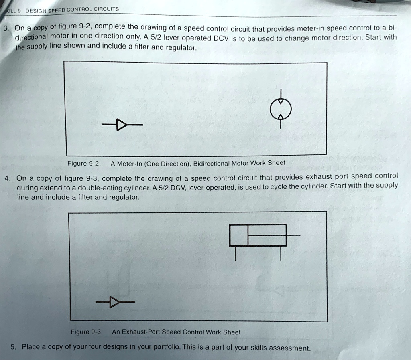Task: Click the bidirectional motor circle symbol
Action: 281,109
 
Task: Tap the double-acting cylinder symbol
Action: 258,235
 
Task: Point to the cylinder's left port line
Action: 236,253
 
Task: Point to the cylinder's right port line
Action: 281,253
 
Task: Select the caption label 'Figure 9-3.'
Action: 87,332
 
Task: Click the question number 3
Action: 5,28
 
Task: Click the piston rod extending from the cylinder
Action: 294,235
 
